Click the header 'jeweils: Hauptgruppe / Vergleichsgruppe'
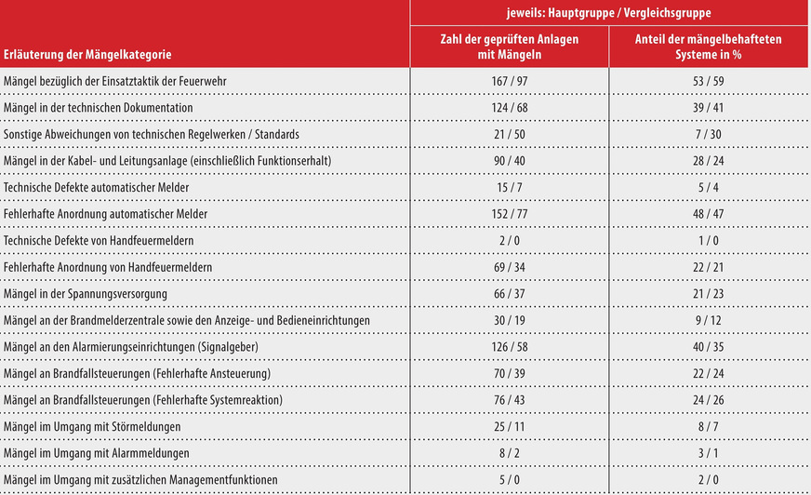[609, 14]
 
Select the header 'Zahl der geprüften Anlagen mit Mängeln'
[510, 47]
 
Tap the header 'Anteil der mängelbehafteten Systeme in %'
[708, 47]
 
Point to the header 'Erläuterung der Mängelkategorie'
[87, 55]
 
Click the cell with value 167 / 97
[510, 81]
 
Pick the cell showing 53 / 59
[708, 81]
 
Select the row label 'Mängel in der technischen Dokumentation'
[99, 108]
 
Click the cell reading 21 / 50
[510, 134]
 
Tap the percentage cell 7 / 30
[708, 134]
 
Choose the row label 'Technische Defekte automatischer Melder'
[97, 187]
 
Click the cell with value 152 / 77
[510, 214]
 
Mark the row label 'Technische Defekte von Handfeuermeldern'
[99, 241]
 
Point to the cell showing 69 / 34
[510, 267]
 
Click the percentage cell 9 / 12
[708, 320]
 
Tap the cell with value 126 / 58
[510, 347]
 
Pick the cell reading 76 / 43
[510, 400]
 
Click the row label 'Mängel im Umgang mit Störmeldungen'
[91, 427]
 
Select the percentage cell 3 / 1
[708, 453]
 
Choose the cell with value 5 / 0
[510, 480]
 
